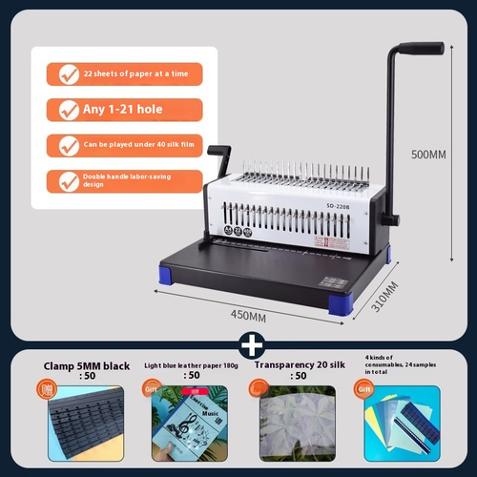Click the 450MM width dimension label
249,315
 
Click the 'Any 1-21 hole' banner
124,110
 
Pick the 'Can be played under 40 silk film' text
128,145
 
